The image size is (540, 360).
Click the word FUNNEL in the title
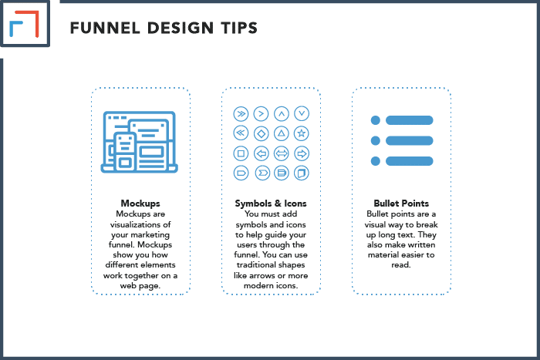pyautogui.click(x=105, y=28)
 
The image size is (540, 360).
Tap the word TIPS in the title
pyautogui.click(x=239, y=28)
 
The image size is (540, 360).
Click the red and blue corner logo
pyautogui.click(x=24, y=24)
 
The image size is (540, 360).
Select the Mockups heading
pyautogui.click(x=140, y=204)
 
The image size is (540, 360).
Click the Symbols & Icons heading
pyautogui.click(x=271, y=204)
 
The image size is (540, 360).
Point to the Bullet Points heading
pyautogui.click(x=401, y=204)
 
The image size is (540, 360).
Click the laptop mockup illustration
pyautogui.click(x=139, y=142)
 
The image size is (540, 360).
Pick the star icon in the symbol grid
pyautogui.click(x=302, y=133)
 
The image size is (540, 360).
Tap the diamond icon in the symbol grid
pyautogui.click(x=261, y=133)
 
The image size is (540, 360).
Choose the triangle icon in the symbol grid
pyautogui.click(x=282, y=133)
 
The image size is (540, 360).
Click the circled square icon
pyautogui.click(x=241, y=153)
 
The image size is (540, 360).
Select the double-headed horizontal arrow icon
pyautogui.click(x=282, y=153)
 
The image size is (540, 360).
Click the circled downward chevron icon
pyautogui.click(x=302, y=113)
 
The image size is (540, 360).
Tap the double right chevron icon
pyautogui.click(x=241, y=113)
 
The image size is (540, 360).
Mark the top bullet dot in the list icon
pyautogui.click(x=376, y=120)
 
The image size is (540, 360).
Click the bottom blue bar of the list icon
pyautogui.click(x=409, y=160)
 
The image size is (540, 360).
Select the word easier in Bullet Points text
pyautogui.click(x=410, y=255)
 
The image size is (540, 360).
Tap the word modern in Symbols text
pyautogui.click(x=255, y=286)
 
